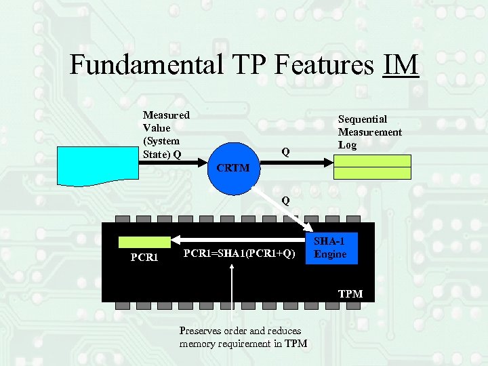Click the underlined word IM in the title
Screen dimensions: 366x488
pos(401,65)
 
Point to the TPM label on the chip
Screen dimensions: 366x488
pos(351,293)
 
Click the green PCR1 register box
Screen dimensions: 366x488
pos(144,242)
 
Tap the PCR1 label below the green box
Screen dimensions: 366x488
pos(144,258)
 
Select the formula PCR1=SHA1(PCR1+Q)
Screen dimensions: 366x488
pos(240,253)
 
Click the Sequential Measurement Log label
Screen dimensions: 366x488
pos(369,132)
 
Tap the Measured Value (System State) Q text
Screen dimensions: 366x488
pos(166,134)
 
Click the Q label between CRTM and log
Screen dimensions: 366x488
pos(286,152)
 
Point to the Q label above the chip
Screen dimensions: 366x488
pos(286,201)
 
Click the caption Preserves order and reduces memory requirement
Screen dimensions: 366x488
pos(243,337)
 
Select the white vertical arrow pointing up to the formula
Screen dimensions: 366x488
pos(232,291)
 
